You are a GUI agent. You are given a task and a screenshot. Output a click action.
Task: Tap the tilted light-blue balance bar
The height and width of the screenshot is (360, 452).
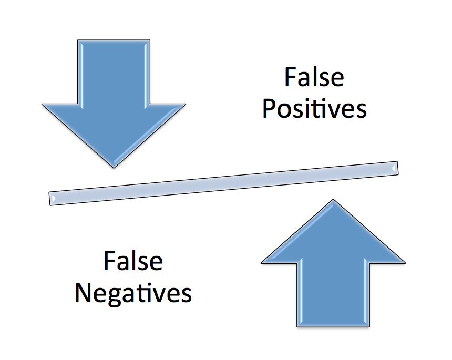click(224, 182)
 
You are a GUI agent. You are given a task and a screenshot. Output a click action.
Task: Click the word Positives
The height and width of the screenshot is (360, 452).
click(314, 108)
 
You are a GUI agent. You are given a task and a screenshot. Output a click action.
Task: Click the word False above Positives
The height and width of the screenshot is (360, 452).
click(314, 77)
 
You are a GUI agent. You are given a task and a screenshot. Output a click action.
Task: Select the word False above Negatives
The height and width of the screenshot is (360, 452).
click(133, 261)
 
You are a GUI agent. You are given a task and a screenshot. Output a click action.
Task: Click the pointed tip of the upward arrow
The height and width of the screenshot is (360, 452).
click(333, 201)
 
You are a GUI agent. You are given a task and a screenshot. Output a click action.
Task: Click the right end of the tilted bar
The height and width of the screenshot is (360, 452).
click(395, 168)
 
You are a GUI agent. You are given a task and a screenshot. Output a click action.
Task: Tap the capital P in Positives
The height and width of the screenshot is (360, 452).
click(269, 109)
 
